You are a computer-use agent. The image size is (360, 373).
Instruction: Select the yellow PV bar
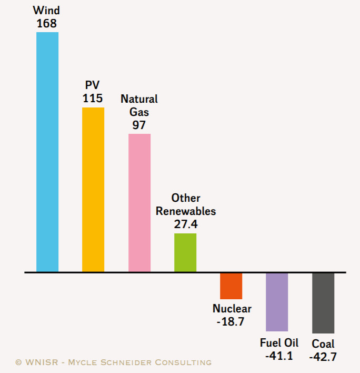pyautogui.click(x=93, y=190)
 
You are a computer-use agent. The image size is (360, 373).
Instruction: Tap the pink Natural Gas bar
pyautogui.click(x=139, y=203)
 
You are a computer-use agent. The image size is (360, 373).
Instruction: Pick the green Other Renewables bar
pyautogui.click(x=185, y=252)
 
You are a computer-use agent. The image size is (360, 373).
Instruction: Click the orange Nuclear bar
pyautogui.click(x=231, y=286)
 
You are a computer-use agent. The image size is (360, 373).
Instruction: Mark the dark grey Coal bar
pyautogui.click(x=323, y=303)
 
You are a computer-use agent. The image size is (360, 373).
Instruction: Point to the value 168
pyautogui.click(x=47, y=23)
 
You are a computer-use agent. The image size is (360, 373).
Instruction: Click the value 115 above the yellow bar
pyautogui.click(x=93, y=98)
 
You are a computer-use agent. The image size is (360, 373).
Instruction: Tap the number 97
pyautogui.click(x=139, y=125)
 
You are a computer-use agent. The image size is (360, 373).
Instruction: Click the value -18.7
pyautogui.click(x=231, y=321)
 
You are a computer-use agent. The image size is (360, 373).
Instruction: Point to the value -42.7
pyautogui.click(x=323, y=357)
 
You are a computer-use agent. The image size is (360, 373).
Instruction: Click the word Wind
pyautogui.click(x=47, y=11)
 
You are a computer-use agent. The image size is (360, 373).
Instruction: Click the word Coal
pyautogui.click(x=323, y=344)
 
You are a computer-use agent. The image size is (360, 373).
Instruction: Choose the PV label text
pyautogui.click(x=93, y=85)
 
